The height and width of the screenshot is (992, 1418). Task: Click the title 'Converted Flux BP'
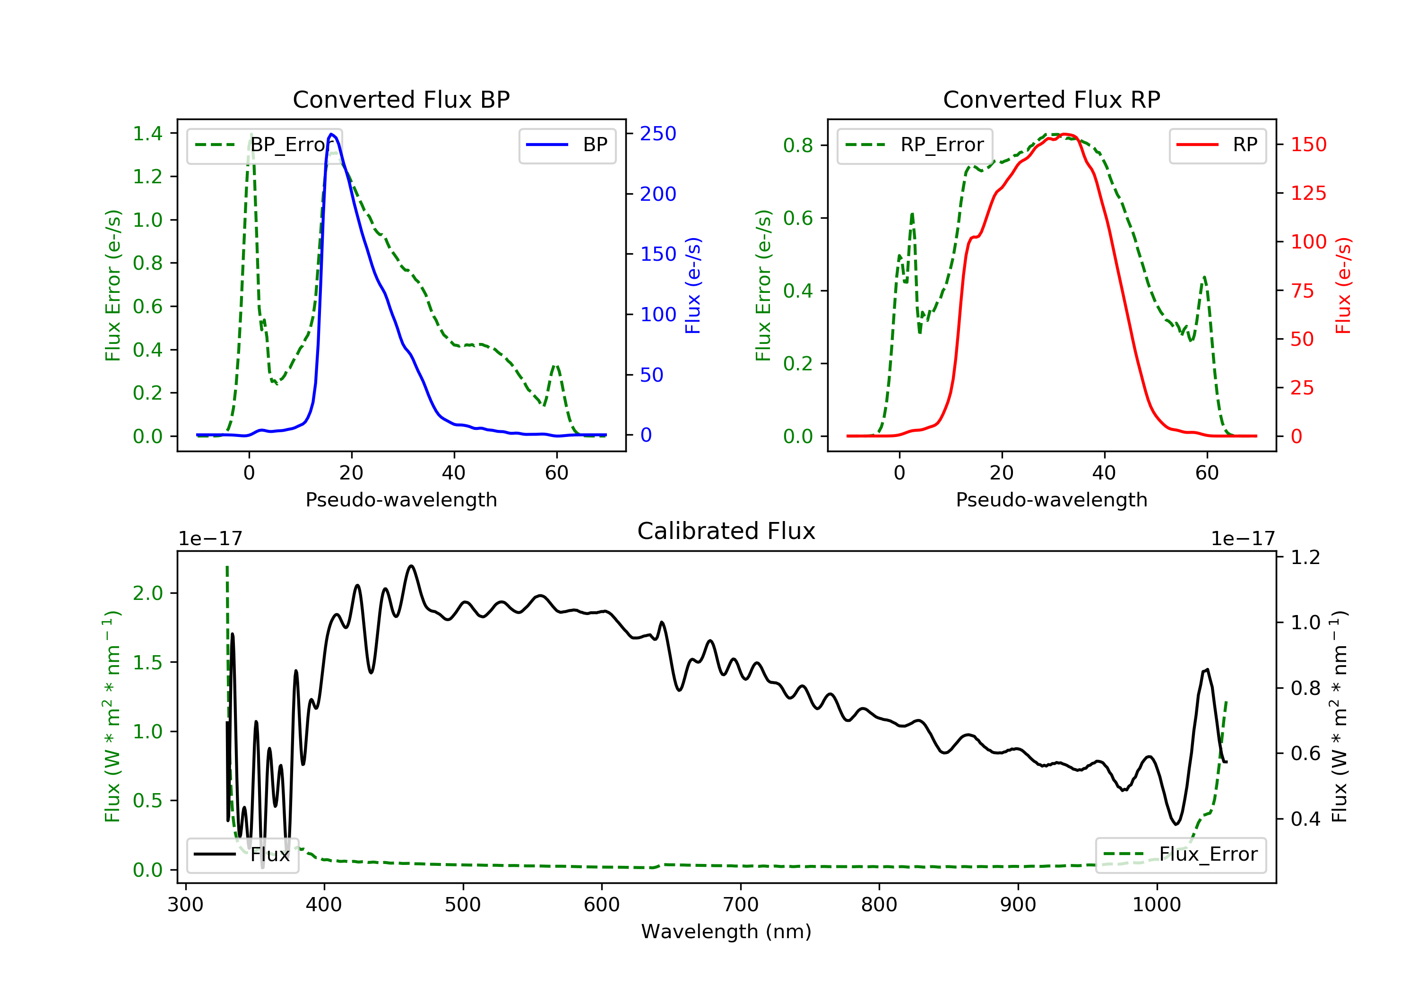coord(401,99)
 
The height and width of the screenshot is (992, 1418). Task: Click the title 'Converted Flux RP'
coord(1051,99)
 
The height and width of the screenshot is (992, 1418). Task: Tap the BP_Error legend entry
coord(264,145)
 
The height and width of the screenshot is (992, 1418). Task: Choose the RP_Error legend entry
coord(915,145)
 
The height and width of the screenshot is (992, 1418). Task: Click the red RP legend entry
coord(1217,145)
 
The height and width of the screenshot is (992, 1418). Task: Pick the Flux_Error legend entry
coord(1180,855)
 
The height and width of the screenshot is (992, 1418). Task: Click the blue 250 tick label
coord(658,134)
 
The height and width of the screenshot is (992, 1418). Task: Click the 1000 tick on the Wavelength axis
coord(1156,905)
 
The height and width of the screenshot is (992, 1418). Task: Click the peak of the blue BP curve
coord(332,134)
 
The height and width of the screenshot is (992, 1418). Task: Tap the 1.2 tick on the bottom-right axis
coord(1305,557)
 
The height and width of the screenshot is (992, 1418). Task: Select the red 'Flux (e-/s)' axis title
coord(1343,285)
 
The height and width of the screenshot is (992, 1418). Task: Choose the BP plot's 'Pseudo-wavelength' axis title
coord(401,499)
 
